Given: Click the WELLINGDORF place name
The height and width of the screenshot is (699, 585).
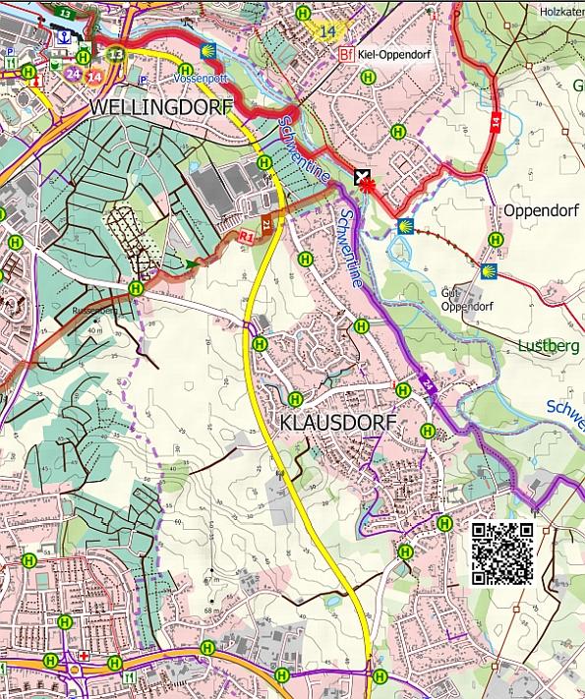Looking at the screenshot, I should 160,106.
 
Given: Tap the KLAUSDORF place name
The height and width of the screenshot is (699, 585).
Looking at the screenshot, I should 337,422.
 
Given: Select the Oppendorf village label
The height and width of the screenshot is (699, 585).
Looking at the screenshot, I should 538,210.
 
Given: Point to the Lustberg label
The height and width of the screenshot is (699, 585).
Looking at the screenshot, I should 550,346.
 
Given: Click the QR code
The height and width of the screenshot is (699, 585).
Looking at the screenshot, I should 502,553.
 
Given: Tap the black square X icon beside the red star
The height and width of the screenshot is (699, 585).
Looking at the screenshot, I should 362,178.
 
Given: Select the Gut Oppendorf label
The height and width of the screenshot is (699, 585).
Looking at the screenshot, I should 466,299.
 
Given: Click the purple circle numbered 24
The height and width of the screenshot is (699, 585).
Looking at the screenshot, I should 72,74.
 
